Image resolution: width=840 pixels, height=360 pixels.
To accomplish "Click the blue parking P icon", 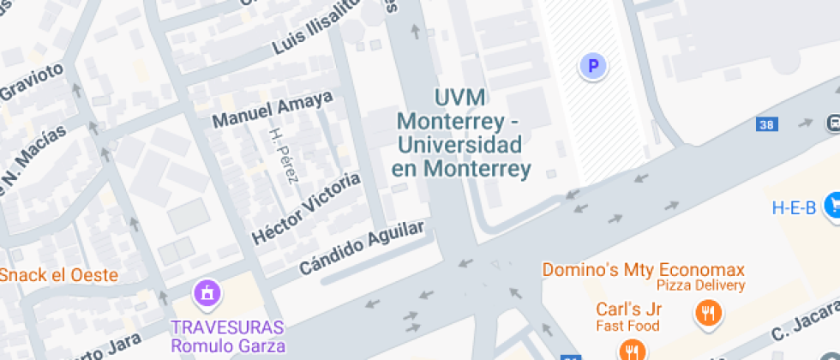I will [x=592, y=65].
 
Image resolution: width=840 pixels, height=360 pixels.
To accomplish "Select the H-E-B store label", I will [x=794, y=207].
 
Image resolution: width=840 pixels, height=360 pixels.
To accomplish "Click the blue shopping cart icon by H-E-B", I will [x=831, y=205].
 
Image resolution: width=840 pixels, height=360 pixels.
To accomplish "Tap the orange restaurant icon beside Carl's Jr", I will [x=707, y=312].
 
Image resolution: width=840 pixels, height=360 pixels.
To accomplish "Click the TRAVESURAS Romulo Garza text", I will [x=227, y=337].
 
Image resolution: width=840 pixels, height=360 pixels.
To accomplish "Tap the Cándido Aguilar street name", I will [x=361, y=248].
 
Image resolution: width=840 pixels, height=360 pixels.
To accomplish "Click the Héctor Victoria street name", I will [x=306, y=207].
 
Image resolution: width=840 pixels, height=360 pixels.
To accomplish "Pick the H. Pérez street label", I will [x=284, y=155].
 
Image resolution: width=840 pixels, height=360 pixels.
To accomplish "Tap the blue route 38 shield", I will [x=766, y=124].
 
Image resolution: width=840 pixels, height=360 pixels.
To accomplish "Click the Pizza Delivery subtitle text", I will [x=700, y=285].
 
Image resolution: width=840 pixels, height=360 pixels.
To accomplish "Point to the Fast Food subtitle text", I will [x=628, y=326].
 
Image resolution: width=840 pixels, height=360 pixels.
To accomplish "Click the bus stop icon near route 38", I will [x=833, y=123].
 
